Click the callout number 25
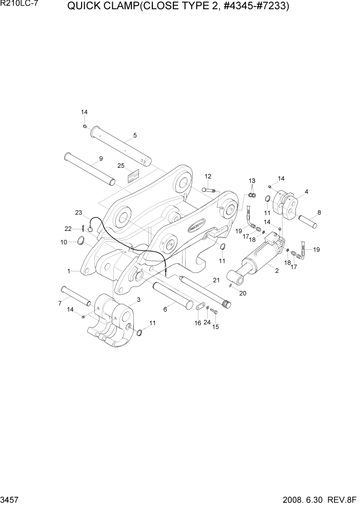click(121, 166)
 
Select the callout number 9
click(101, 159)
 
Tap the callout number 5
click(135, 135)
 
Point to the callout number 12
click(208, 177)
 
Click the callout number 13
click(252, 181)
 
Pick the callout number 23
click(78, 212)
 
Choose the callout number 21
click(216, 280)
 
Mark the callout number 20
click(243, 293)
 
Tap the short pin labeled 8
click(308, 222)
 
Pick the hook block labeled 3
click(113, 318)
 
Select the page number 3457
click(9, 500)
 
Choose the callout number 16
click(198, 323)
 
